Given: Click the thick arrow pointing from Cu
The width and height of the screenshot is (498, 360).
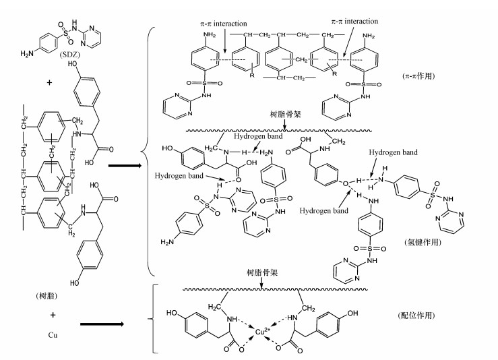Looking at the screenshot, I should pos(108,324).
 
